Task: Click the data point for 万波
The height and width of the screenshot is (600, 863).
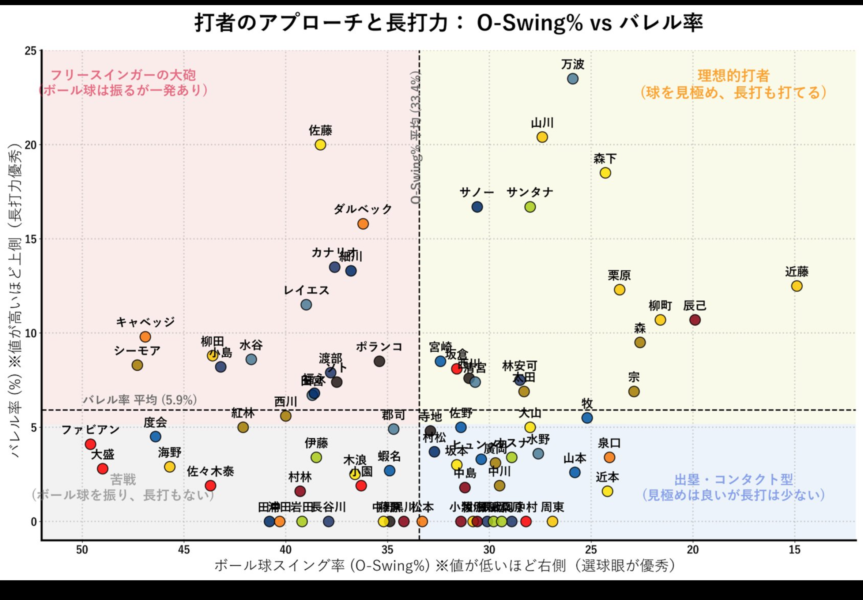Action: click(x=573, y=79)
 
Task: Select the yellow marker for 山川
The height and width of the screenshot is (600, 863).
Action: click(x=542, y=137)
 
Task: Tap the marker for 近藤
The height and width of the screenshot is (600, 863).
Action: click(x=796, y=286)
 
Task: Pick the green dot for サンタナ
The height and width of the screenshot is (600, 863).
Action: click(x=530, y=207)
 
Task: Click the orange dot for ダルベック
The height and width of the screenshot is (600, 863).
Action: click(x=363, y=224)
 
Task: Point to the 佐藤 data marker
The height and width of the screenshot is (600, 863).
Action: click(x=320, y=145)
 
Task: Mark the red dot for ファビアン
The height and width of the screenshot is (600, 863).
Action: click(x=91, y=444)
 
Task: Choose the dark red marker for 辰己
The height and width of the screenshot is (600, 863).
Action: click(x=695, y=320)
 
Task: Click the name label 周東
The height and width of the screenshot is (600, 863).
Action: click(x=552, y=507)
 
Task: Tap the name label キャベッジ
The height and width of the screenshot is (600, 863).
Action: click(x=145, y=322)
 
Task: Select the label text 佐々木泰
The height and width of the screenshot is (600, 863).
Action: click(x=210, y=472)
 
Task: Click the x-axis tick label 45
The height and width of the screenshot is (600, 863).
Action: click(x=184, y=550)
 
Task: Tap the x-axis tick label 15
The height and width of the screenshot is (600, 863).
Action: click(x=795, y=550)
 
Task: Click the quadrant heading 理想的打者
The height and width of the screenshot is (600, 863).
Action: click(x=734, y=76)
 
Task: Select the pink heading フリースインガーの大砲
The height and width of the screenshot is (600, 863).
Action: click(x=123, y=75)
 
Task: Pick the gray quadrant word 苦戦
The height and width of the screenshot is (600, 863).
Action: click(x=123, y=480)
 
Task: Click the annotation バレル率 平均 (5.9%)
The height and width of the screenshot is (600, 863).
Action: click(x=139, y=400)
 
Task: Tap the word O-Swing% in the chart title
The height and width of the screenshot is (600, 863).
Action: click(x=530, y=23)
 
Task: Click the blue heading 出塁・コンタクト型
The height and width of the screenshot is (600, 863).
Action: click(x=734, y=480)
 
